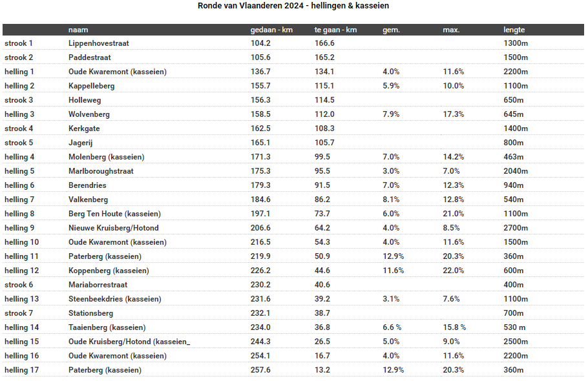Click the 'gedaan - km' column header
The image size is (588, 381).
point(271,30)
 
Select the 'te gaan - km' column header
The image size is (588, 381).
point(335,30)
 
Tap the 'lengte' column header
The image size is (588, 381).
point(514,30)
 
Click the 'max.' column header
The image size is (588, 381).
point(451,30)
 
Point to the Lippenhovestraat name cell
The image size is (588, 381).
point(99,43)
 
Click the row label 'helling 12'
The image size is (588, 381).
point(22,271)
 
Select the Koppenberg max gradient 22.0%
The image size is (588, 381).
point(454,271)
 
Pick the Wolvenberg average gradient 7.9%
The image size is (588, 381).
point(391,114)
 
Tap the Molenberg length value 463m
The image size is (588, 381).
point(514,157)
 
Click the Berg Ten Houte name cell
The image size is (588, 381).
point(115,214)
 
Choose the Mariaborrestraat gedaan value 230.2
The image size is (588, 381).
point(260,285)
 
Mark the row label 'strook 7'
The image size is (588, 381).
point(19,313)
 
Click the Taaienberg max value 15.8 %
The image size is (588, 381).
point(454,327)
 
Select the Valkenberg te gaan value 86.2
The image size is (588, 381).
point(322,200)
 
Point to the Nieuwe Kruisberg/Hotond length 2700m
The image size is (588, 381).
point(516,228)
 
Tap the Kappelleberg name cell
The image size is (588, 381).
point(92,86)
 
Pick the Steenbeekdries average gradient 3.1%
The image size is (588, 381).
point(391,299)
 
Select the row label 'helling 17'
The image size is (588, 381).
point(22,370)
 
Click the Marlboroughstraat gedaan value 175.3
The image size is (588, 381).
point(260,171)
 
